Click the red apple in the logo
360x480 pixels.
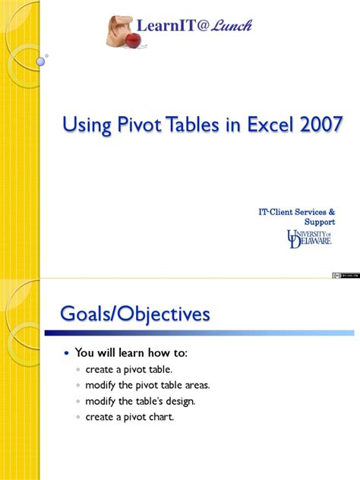pos(133,39)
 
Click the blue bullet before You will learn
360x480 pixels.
pos(67,353)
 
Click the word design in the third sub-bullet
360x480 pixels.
pos(179,401)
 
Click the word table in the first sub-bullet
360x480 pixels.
pos(147,369)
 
